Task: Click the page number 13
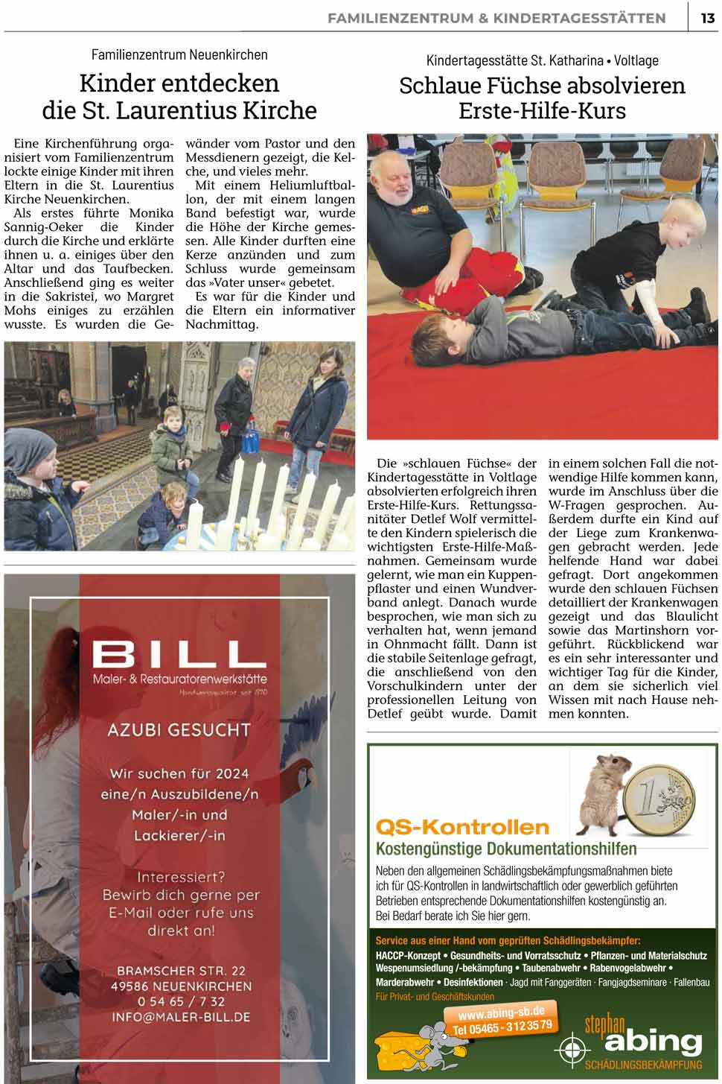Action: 707,18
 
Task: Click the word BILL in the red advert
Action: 179,656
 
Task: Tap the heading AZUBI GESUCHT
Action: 179,729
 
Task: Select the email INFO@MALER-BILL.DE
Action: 180,1016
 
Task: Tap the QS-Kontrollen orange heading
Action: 462,827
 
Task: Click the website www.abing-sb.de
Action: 501,1013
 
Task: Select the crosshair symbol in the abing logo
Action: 572,1050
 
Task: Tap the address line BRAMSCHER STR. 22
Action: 180,971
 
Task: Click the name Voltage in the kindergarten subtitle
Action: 636,60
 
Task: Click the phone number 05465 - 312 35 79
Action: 503,1027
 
